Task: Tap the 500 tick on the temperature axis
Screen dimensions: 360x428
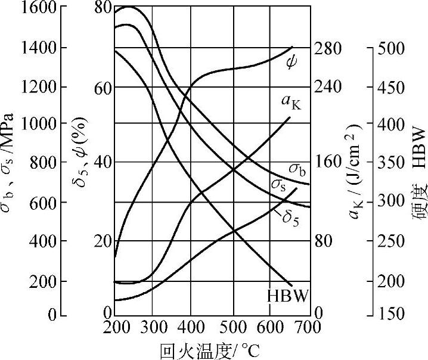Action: tap(232, 327)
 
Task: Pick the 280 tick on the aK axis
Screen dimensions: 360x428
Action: tap(327, 48)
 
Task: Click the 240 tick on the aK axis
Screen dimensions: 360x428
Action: tap(327, 87)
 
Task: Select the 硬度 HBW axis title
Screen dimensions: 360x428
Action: tap(418, 179)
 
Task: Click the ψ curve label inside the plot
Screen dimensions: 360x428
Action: tap(292, 61)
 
